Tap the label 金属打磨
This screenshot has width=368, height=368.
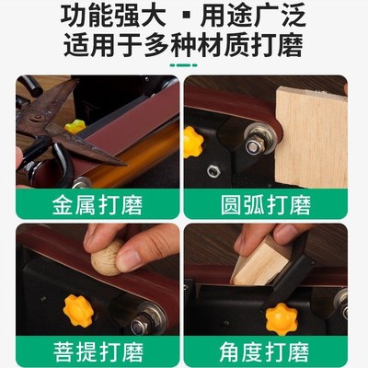pos(93,201)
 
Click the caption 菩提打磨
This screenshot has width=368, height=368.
pos(93,351)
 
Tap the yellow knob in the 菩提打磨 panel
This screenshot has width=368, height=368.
pos(76,308)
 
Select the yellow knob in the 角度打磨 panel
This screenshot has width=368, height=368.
pos(281,318)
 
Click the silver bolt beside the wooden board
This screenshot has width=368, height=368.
pos(251,145)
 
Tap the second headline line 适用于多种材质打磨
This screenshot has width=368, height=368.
pos(183,45)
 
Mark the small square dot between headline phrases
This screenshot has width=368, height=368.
pos(183,18)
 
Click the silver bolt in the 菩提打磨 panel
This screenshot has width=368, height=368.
pos(137,325)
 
